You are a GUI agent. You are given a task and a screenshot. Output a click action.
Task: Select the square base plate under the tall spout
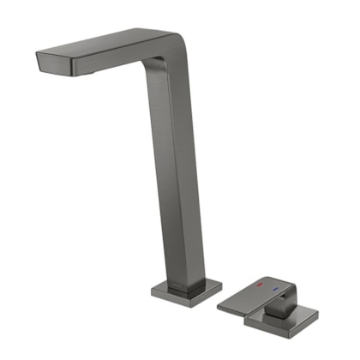coord(185,292)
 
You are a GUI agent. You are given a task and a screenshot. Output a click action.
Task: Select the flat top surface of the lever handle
coord(253,296)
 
